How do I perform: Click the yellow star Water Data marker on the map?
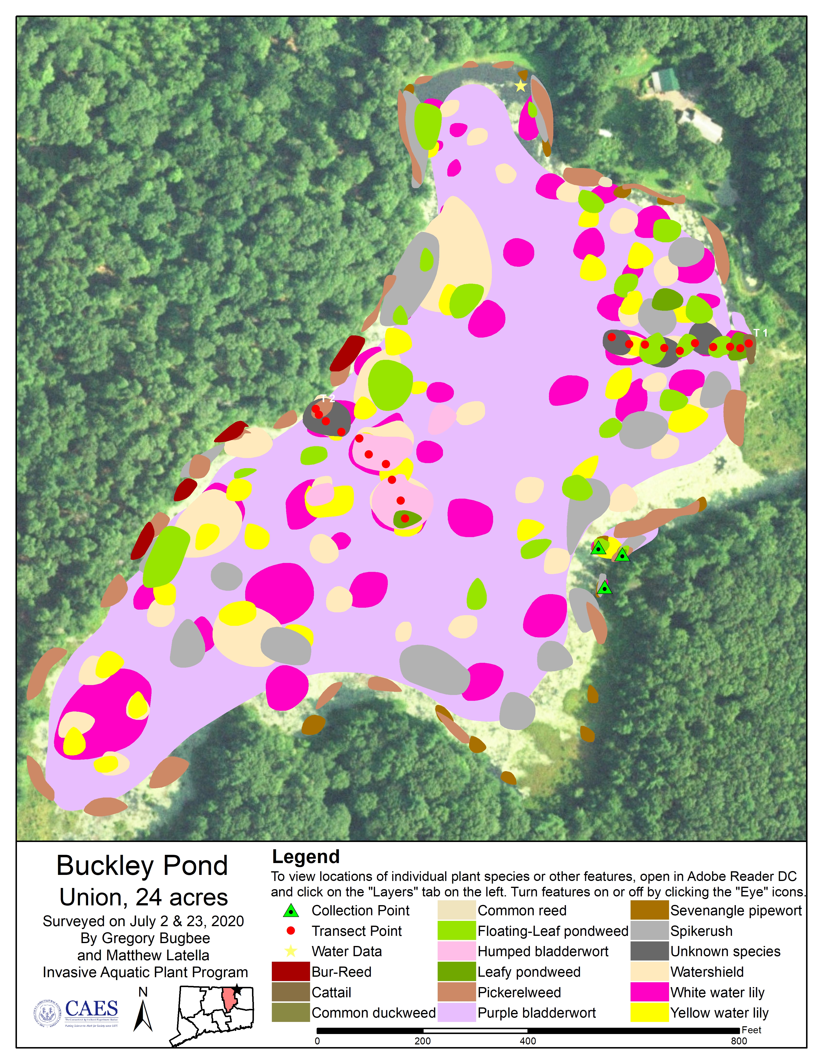point(521,86)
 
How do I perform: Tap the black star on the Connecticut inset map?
point(237,990)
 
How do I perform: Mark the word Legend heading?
point(306,857)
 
